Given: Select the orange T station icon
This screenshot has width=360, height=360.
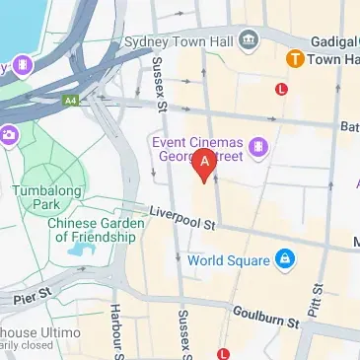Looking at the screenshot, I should click(294, 59).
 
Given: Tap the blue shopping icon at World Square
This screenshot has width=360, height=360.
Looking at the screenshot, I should click(284, 260).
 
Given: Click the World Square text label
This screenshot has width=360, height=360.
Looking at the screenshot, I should click(229, 260).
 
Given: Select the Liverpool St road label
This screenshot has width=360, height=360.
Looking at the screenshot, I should click(181, 218).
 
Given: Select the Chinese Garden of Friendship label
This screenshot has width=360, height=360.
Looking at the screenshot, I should click(94, 230).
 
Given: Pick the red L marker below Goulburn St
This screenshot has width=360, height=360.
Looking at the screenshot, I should click(224, 353).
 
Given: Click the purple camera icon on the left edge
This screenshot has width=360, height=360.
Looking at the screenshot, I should click(7, 134).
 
